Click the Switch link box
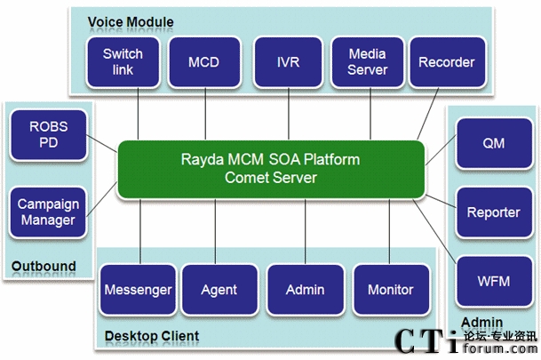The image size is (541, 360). click(123, 62)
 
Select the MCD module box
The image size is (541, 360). click(203, 62)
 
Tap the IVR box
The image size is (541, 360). click(287, 62)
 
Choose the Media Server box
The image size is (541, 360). click(367, 62)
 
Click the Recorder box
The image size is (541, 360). click(446, 62)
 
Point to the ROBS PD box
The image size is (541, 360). click(48, 135)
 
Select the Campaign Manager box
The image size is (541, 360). click(48, 212)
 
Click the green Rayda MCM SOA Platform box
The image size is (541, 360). click(272, 169)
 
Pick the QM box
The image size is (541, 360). click(493, 142)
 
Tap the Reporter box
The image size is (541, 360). click(493, 212)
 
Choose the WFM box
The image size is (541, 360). click(493, 281)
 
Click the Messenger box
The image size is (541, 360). click(138, 290)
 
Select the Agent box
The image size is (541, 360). click(219, 290)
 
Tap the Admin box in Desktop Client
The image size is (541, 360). click(305, 290)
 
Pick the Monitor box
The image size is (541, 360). click(391, 290)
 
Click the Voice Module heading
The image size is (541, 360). click(131, 21)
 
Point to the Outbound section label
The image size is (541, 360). click(44, 266)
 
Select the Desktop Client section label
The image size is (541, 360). click(151, 336)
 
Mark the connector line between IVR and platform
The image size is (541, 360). click(287, 115)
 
